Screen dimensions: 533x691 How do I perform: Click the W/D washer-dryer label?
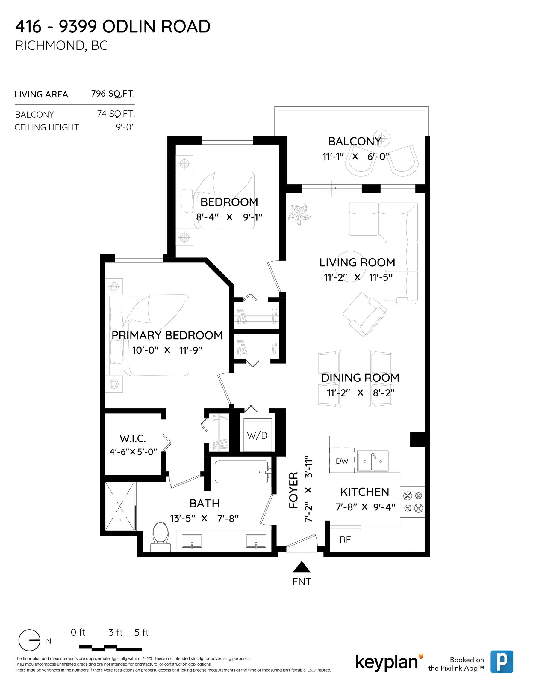[257, 436]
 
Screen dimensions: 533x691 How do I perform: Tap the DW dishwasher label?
[342, 461]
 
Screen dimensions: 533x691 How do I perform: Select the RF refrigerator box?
[345, 540]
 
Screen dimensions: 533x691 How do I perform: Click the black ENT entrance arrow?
[302, 567]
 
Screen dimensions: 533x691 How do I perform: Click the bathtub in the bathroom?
[242, 472]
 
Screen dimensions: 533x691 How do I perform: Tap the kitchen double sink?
[373, 461]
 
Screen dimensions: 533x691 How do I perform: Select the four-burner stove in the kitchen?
[413, 502]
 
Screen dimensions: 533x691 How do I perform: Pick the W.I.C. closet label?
[132, 438]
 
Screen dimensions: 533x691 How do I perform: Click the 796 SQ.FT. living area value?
[113, 94]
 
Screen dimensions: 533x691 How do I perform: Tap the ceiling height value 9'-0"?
[125, 127]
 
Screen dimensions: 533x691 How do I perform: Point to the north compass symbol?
[29, 640]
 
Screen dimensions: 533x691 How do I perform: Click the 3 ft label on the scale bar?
[116, 633]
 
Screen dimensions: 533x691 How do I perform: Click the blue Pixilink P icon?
[502, 662]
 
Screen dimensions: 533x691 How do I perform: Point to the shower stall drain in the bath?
[120, 520]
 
